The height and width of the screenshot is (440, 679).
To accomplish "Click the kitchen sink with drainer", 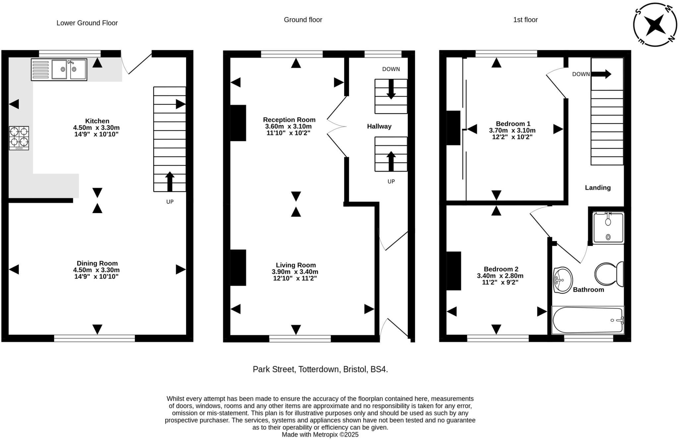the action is (x=59, y=70).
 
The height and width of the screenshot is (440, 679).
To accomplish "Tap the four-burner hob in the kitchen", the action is (x=19, y=138).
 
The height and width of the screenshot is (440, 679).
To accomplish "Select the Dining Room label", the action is (x=97, y=263).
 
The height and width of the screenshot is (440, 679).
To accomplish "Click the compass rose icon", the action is (x=654, y=25).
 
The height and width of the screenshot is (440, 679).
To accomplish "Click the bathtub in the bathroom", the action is (x=588, y=320).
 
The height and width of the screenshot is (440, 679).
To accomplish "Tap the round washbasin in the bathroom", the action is (x=563, y=280).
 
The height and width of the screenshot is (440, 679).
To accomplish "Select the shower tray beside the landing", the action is (x=608, y=228).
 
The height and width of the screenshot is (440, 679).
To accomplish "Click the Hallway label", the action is (x=379, y=126).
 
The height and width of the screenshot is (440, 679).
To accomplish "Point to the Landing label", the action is (x=597, y=188).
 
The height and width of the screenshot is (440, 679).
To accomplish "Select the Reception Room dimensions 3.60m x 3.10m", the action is (x=288, y=126).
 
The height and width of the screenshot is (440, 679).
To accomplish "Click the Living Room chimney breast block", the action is (x=238, y=267).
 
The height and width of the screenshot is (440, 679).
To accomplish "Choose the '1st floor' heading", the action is (x=525, y=20).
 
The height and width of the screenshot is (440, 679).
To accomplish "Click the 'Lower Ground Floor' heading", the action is (x=87, y=23).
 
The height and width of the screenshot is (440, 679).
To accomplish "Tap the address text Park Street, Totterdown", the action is (x=320, y=369).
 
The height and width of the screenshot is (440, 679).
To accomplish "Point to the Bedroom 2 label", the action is (x=501, y=269).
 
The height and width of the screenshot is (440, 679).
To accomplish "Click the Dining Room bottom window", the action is (x=94, y=338).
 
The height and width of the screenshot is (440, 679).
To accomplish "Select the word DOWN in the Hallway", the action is (x=391, y=69).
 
